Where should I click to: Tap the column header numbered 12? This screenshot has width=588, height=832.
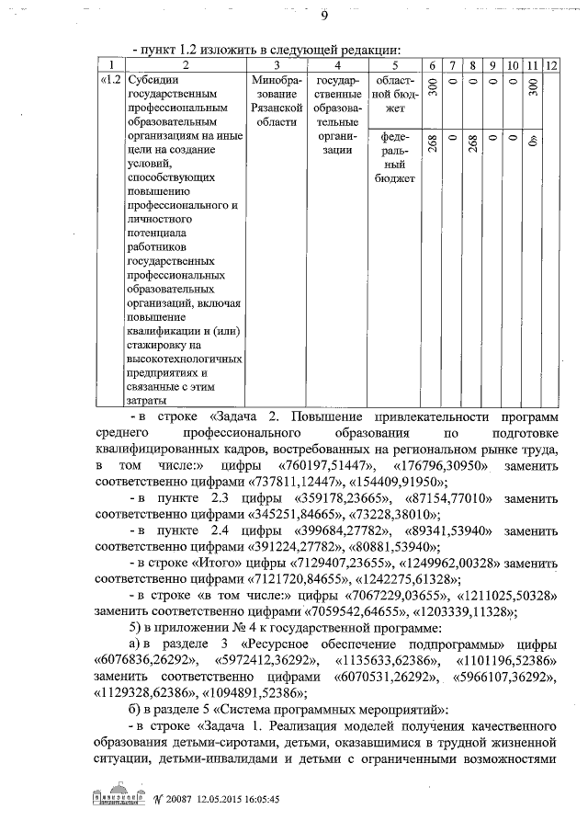click(x=551, y=66)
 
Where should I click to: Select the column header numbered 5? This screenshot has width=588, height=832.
click(x=394, y=66)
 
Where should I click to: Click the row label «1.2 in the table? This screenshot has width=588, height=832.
click(x=109, y=80)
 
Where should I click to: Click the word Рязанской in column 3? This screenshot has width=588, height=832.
click(x=277, y=108)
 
